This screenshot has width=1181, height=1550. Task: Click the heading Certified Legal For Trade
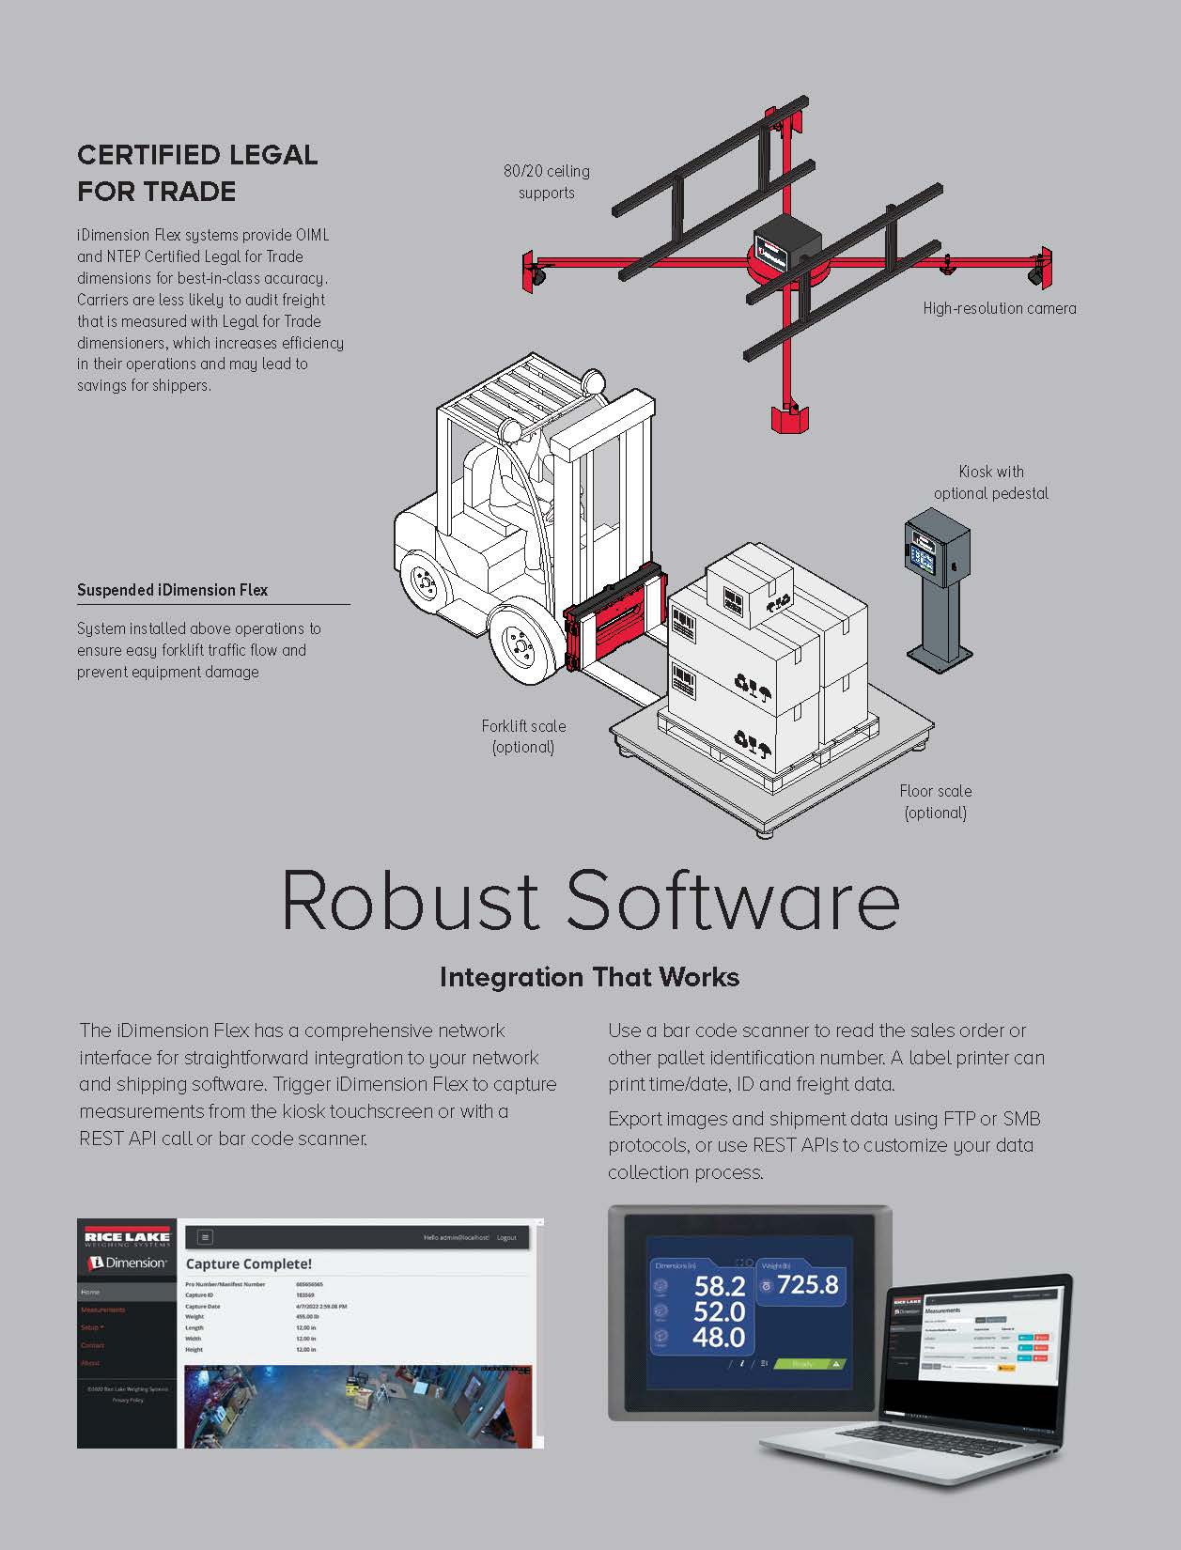197,173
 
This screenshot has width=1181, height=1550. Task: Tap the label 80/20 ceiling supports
547,182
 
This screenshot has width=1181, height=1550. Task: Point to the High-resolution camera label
999,308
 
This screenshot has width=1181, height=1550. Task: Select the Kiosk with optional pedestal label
990,482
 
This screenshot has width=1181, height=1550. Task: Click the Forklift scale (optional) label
523,736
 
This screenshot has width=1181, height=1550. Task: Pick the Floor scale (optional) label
935,801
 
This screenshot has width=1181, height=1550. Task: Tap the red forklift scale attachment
614,626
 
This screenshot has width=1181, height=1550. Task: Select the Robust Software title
590,900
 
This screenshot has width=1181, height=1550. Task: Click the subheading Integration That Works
589,977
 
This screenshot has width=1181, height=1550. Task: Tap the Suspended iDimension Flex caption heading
172,590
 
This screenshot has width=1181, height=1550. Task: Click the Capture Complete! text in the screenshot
249,1264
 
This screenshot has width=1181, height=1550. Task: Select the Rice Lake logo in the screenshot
127,1234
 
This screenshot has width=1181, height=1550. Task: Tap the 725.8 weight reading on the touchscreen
807,1284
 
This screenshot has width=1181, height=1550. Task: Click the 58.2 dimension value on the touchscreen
720,1286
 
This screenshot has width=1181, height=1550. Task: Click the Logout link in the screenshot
506,1237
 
